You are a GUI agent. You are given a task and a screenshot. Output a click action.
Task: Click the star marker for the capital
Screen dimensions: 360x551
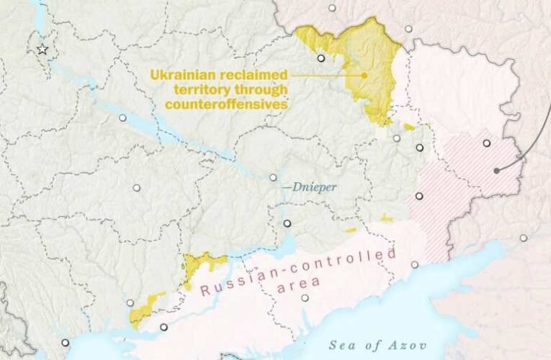[x=42, y=49]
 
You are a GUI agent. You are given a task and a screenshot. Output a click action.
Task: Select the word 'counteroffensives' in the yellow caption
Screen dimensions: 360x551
[x=227, y=104]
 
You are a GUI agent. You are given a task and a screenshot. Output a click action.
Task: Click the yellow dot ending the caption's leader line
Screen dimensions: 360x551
[x=364, y=74]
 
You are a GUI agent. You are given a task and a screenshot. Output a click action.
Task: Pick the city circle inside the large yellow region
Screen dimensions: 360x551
[x=321, y=58]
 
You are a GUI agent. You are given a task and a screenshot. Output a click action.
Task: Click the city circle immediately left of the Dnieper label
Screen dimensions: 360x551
[x=273, y=177]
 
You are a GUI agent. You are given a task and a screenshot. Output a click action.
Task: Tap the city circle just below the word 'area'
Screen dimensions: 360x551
[x=305, y=297]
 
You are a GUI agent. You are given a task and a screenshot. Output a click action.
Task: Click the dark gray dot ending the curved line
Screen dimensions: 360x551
[x=496, y=171]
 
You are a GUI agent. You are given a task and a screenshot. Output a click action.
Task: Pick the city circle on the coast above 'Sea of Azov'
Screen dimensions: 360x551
[x=414, y=264]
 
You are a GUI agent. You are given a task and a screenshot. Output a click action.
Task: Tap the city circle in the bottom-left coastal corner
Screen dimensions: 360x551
[x=66, y=343]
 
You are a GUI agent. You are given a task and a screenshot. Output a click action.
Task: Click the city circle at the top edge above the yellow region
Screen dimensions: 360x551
[x=332, y=9]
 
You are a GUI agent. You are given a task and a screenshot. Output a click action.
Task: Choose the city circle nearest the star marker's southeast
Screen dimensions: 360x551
[x=122, y=117]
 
